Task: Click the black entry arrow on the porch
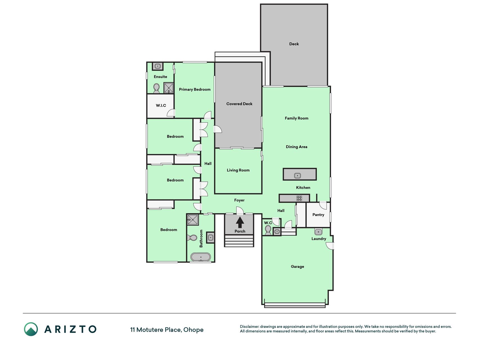[240, 222]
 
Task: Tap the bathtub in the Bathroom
[200, 257]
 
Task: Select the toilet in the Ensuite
[156, 88]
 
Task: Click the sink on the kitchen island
[298, 176]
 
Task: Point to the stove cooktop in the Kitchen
[299, 198]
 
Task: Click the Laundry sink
[318, 232]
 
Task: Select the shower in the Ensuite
[169, 88]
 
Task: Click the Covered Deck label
[239, 104]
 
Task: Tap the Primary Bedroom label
[195, 89]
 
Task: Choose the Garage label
[297, 267]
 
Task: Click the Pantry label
[318, 215]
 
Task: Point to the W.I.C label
[161, 105]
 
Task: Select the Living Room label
[238, 170]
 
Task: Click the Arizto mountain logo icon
[31, 329]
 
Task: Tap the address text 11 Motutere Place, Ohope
[167, 330]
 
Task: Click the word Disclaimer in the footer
[249, 327]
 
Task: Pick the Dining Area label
[296, 147]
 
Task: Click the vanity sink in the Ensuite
[158, 66]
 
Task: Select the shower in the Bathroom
[193, 219]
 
